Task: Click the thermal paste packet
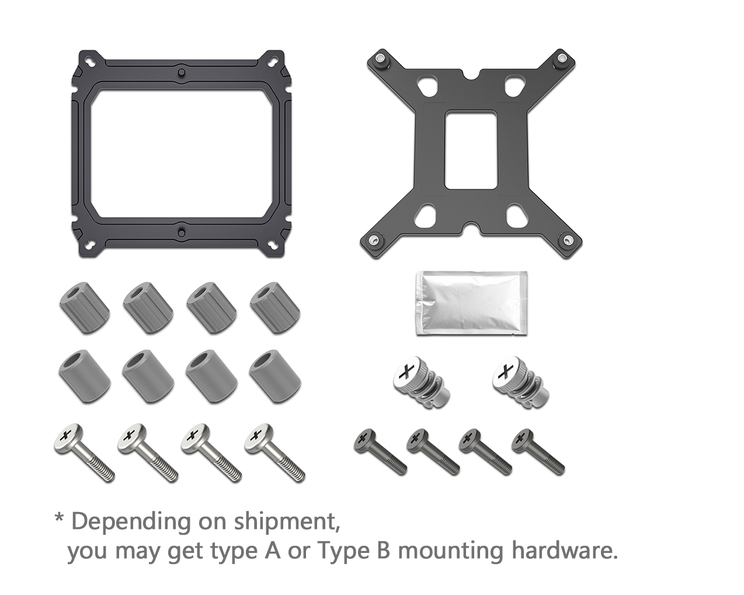[x=471, y=303]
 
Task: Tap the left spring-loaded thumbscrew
[x=422, y=383]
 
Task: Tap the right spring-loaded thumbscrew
[x=521, y=383]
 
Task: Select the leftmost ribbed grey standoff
[x=85, y=307]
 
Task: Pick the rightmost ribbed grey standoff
[x=275, y=307]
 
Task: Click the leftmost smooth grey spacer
[x=85, y=376]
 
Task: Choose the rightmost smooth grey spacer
[x=275, y=376]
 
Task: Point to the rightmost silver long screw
[x=275, y=453]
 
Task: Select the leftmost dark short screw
[x=381, y=452]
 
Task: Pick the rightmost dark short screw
[x=538, y=452]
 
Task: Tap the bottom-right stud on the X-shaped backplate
[x=569, y=240]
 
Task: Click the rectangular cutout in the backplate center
[x=471, y=150]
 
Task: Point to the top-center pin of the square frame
[x=182, y=72]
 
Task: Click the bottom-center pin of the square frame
[x=182, y=232]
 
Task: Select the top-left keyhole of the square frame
[x=91, y=60]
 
